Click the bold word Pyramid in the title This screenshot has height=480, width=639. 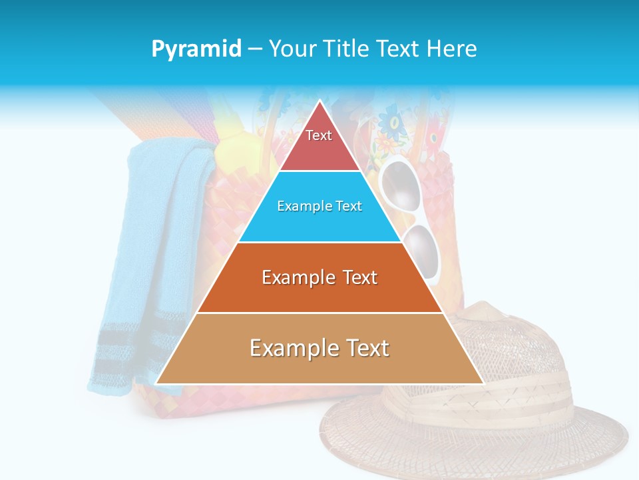coord(196,49)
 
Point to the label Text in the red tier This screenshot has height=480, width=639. coord(319,135)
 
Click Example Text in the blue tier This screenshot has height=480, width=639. coord(319,206)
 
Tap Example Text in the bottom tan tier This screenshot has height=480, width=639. coord(319,348)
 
